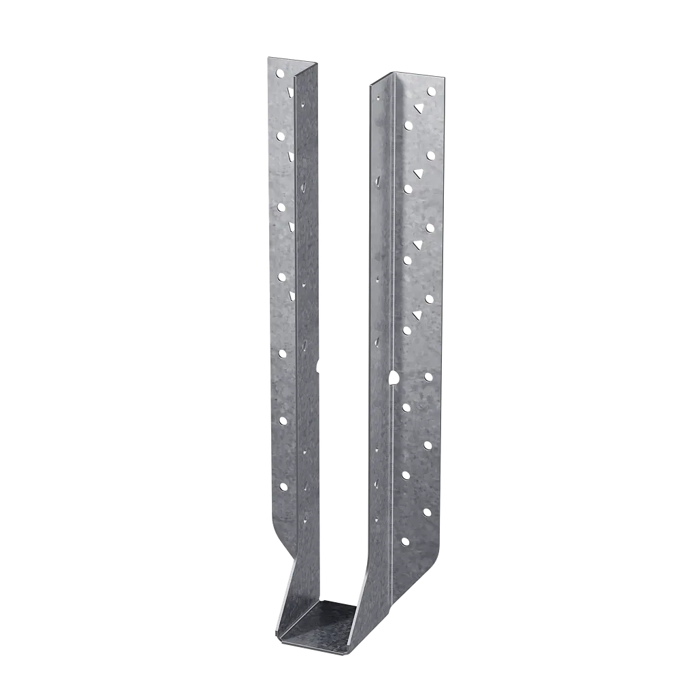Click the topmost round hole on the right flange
click(430, 91)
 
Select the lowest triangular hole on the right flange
click(417, 315)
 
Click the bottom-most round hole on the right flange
click(405, 542)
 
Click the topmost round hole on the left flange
click(279, 72)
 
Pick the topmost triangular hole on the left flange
click(290, 90)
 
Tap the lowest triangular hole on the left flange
click(292, 294)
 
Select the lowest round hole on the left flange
click(283, 486)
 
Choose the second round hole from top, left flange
click(280, 137)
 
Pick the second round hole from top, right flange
click(408, 125)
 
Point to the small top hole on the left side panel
click(302, 105)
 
